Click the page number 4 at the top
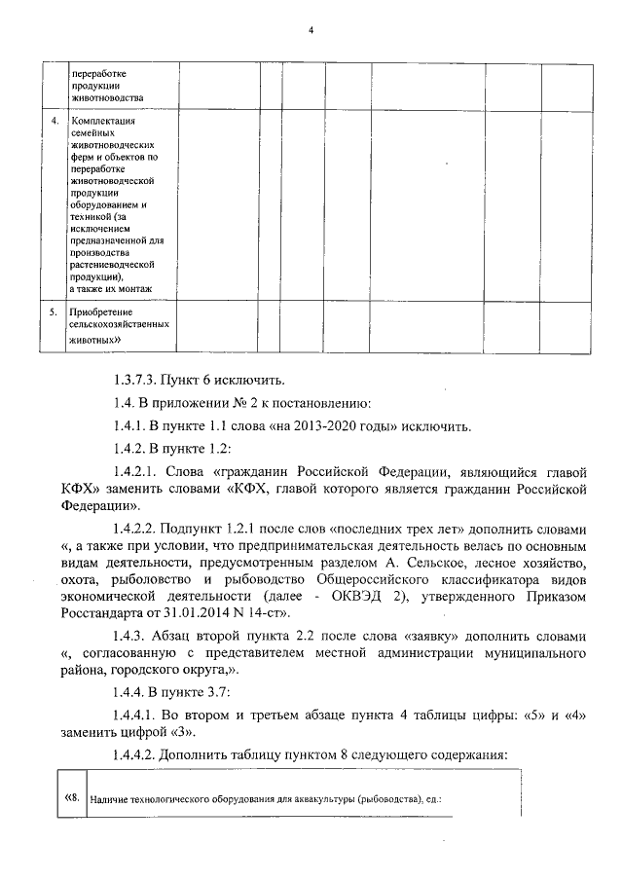tap(311, 30)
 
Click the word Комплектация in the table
tap(102, 121)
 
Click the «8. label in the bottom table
tap(71, 797)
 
